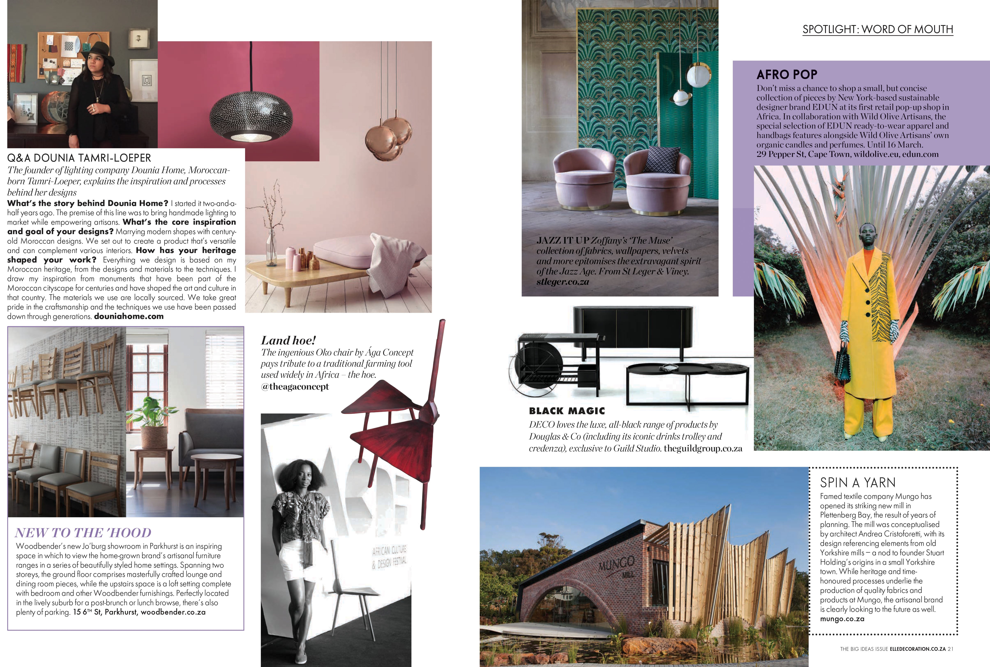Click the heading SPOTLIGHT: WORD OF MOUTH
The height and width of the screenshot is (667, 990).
click(x=877, y=29)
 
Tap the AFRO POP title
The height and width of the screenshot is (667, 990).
click(x=787, y=75)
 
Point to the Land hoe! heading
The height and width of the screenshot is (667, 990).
click(x=288, y=340)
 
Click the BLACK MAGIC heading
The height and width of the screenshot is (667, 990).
click(x=567, y=411)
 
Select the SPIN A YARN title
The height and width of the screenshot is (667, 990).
click(x=858, y=483)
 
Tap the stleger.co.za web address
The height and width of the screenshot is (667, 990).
click(x=562, y=282)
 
